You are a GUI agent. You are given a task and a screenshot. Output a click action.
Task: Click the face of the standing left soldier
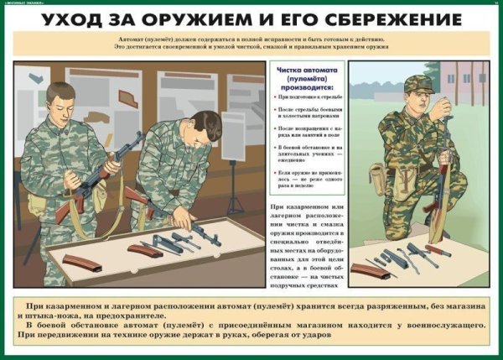(65, 99)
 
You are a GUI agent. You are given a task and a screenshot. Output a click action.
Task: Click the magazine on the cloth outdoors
(370, 270)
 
